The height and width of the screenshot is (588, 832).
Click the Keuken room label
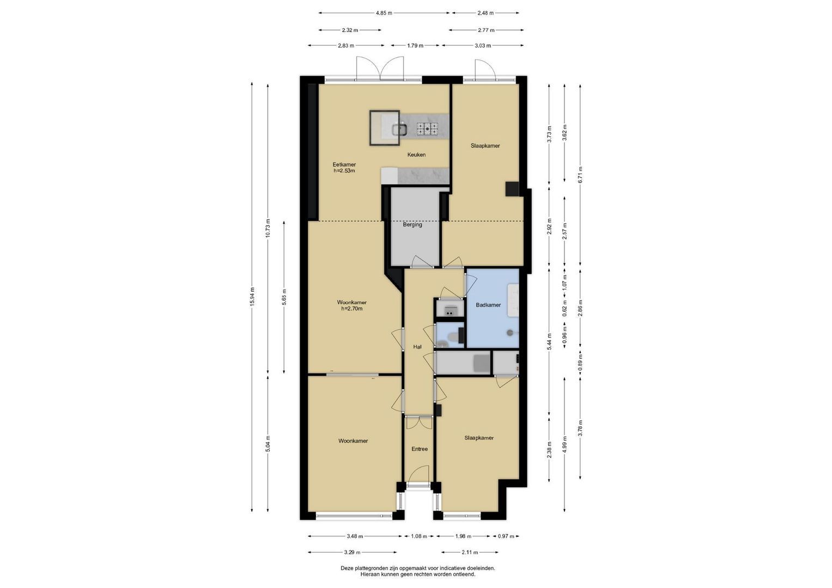[416, 155]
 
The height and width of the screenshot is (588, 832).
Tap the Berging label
[412, 224]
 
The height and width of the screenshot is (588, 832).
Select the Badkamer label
[488, 305]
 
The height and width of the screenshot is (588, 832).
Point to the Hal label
[417, 347]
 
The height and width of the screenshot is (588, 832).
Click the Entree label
[420, 449]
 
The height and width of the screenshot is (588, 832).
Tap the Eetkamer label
[344, 164]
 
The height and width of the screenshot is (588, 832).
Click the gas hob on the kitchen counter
[427, 128]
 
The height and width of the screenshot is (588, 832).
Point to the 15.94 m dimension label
[252, 297]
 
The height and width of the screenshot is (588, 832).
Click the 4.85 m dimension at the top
[384, 13]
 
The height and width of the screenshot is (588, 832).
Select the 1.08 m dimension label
[419, 536]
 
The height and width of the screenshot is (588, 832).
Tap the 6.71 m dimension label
[580, 174]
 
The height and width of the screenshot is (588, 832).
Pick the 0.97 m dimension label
[506, 536]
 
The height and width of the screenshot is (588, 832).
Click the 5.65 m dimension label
[284, 297]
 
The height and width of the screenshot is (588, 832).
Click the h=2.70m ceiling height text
[352, 309]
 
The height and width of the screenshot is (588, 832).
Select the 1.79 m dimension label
[415, 46]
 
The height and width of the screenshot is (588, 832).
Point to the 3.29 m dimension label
[352, 553]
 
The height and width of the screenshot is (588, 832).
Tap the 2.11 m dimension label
[470, 553]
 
